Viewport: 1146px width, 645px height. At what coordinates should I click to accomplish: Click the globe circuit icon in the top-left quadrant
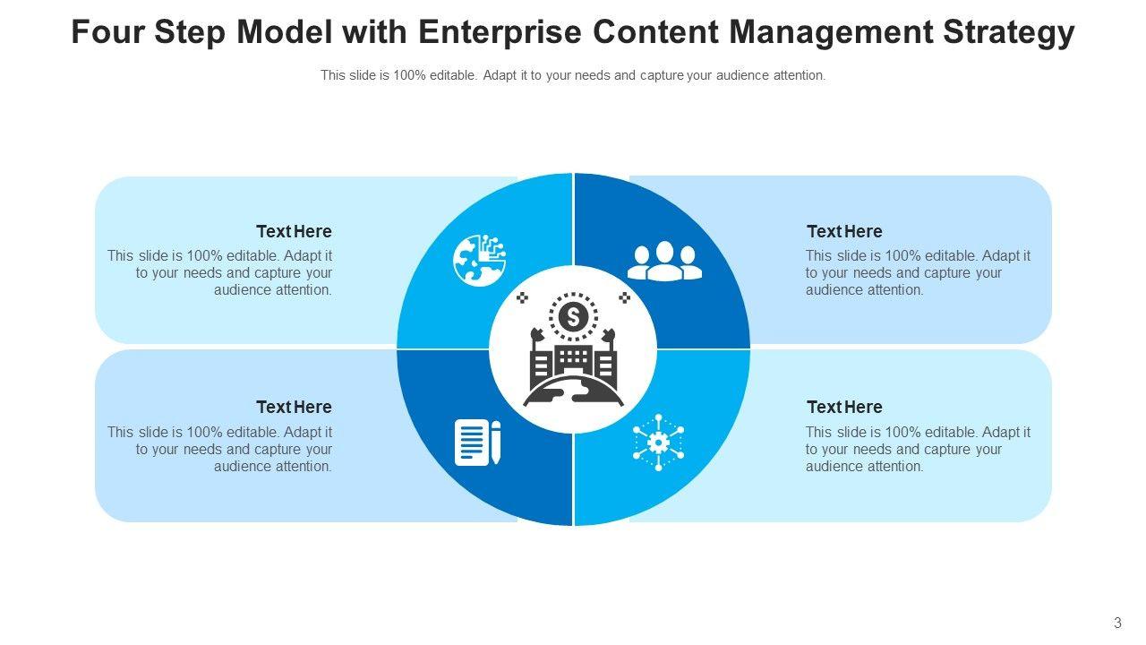point(479,261)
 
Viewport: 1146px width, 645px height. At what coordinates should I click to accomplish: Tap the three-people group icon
point(664,262)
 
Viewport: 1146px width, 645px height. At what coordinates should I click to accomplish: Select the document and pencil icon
point(477,442)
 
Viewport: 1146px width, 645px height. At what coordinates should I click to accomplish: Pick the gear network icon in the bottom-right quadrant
point(658,442)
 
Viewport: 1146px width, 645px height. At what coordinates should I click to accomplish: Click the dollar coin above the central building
point(573,315)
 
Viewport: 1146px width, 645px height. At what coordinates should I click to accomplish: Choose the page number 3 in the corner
point(1117,623)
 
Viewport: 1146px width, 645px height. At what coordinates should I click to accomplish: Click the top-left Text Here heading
point(294,231)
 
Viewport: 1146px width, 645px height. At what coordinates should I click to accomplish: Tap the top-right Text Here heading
point(844,231)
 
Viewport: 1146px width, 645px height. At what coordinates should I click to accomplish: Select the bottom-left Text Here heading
point(294,407)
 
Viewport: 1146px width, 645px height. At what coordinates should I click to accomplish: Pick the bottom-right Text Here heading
point(844,407)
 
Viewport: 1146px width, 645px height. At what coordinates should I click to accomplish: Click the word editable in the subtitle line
point(453,76)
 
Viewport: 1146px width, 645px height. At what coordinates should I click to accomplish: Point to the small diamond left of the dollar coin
point(523,297)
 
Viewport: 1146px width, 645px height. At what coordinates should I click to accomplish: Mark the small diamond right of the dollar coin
point(624,297)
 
